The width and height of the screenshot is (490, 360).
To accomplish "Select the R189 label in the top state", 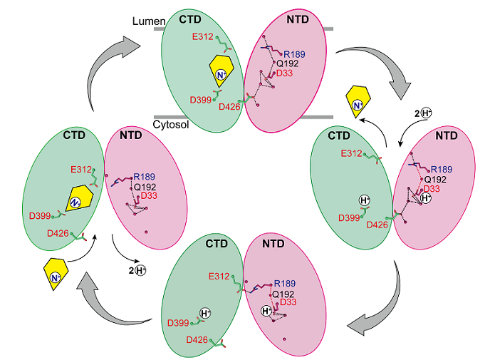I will point(296,54).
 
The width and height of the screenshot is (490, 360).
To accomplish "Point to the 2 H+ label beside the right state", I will point(417,113).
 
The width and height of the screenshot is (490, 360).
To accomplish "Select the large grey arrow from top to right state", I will point(375,69).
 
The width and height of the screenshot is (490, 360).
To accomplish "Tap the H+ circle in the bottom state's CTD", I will point(205,314).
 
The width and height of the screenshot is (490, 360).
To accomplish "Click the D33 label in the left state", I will point(149,196).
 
